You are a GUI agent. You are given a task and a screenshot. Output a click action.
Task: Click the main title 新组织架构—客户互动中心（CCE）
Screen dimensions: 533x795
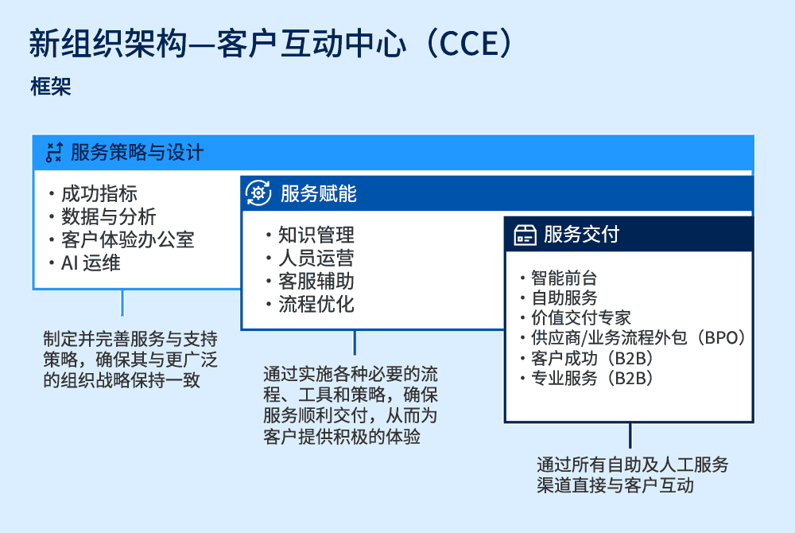pos(270,44)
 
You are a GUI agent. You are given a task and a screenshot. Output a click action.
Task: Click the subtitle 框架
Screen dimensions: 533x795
pos(51,87)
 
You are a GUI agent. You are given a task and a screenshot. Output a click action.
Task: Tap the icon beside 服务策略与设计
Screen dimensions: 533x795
pos(54,152)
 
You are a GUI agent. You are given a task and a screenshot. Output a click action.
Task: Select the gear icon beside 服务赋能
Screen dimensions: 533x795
pos(258,193)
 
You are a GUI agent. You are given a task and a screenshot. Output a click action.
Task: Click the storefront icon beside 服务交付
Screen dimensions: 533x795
pos(524,235)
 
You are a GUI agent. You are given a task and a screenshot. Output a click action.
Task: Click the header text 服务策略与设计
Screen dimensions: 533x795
pos(137,152)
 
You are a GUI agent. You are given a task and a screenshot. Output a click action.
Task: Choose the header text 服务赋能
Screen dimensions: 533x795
pos(318,193)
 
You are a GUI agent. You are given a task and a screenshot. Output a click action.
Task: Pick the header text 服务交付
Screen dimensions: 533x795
pos(581,235)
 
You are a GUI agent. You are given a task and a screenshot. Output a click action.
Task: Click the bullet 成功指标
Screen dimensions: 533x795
pos(99,194)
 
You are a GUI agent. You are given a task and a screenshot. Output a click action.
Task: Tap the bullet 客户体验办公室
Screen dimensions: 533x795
pos(127,239)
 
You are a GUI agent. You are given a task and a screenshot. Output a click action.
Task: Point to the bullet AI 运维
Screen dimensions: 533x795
pos(91,263)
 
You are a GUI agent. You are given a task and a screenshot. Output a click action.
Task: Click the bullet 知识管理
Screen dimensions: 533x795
pos(316,235)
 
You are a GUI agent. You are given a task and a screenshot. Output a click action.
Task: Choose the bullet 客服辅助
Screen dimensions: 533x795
pos(316,281)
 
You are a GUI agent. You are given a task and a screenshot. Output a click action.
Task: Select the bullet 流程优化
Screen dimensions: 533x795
pos(316,304)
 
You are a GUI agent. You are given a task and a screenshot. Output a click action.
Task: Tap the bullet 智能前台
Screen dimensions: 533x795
pos(564,278)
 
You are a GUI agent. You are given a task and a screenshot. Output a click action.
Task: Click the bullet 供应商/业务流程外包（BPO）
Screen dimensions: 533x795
pos(638,337)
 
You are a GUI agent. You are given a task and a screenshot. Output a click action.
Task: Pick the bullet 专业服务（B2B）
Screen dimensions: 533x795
pos(591,378)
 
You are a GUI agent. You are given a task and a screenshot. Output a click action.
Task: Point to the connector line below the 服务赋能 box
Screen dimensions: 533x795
pos(355,342)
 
